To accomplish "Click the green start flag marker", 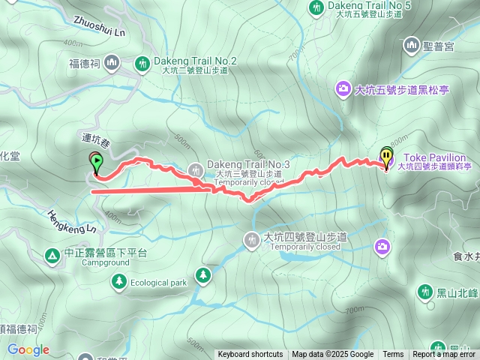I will pos(97,161).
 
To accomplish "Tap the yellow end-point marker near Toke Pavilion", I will pos(386,157).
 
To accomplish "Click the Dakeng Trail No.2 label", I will pos(195,61).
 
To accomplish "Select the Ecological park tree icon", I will pos(118,281).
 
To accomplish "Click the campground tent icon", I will pos(52,255).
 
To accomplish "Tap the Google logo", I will pos(28,349).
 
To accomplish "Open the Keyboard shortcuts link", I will pos(250,355).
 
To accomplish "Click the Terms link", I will pos(393,355).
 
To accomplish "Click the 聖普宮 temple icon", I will pos(411,46).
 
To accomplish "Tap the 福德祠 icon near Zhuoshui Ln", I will pos(112,61).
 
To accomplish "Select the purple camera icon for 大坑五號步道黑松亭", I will pos(343,90).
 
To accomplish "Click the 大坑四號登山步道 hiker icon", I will pos(250,239).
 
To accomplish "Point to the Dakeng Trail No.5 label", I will pos(370,5).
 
